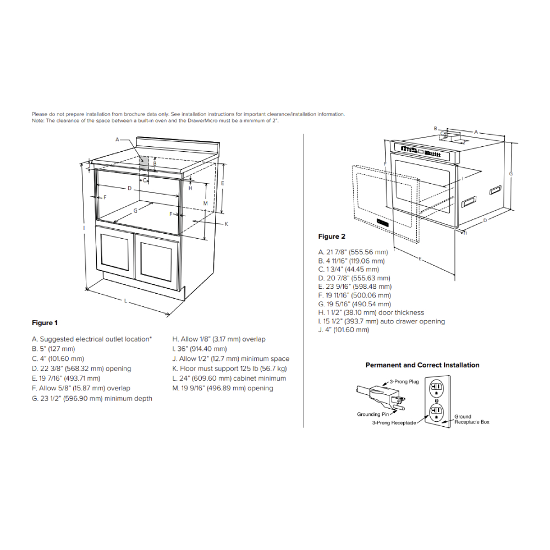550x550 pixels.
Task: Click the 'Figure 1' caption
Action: point(45,323)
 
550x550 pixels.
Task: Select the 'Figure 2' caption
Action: point(332,237)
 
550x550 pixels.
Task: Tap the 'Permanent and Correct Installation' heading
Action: point(422,365)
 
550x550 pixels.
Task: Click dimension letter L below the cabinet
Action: point(126,301)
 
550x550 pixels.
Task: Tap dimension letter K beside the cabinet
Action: point(226,224)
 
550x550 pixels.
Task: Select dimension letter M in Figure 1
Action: point(205,203)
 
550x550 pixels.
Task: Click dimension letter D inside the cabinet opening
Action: point(129,189)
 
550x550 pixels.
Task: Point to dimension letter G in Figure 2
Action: point(510,174)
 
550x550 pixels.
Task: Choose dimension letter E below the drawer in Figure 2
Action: point(420,258)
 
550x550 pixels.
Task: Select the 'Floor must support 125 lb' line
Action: point(229,369)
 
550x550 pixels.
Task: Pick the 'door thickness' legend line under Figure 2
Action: point(371,312)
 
